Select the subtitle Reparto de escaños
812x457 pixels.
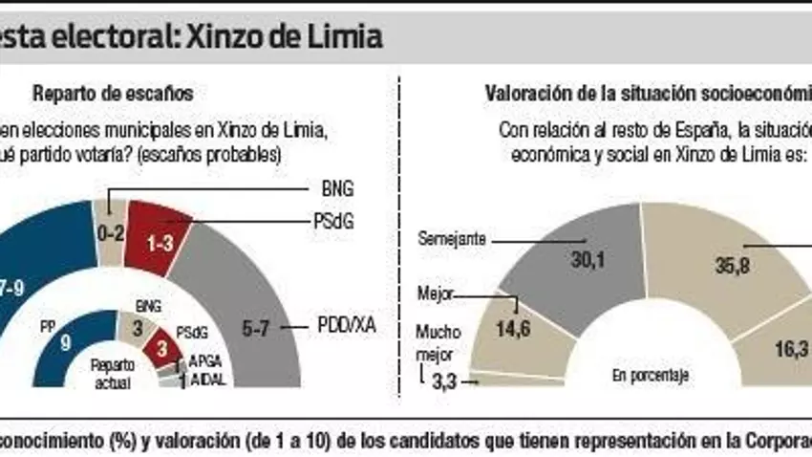point(114,94)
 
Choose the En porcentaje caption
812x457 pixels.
point(650,376)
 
